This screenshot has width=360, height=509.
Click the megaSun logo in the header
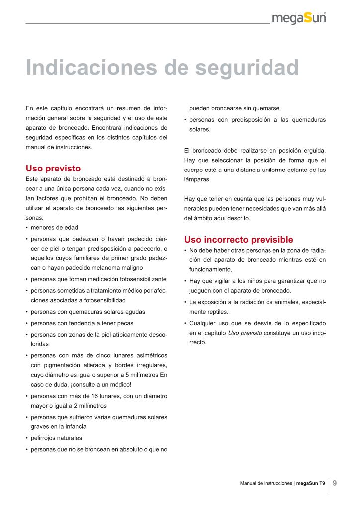pyautogui.click(x=299, y=19)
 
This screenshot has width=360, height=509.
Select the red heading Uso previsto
pyautogui.click(x=53, y=169)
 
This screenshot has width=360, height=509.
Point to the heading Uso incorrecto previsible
pyautogui.click(x=239, y=239)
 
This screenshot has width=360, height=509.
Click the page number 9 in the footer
pyautogui.click(x=335, y=483)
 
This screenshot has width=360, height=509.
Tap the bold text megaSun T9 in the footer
pyautogui.click(x=311, y=483)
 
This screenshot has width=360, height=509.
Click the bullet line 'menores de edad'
pyautogui.click(x=54, y=228)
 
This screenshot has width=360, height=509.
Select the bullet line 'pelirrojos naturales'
pyautogui.click(x=56, y=438)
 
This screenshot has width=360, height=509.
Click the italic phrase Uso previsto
pyautogui.click(x=245, y=332)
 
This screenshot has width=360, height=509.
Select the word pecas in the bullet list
pyautogui.click(x=125, y=323)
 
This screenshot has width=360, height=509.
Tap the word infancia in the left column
pyautogui.click(x=74, y=427)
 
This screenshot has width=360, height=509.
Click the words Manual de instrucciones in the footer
pyautogui.click(x=266, y=483)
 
